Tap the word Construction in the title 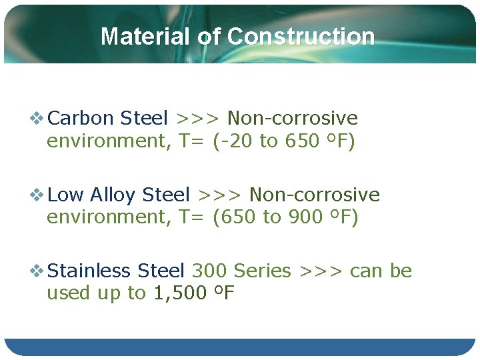tap(301, 36)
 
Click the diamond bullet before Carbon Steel tap(38, 119)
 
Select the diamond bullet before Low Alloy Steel tap(38, 195)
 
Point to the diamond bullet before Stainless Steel tap(38, 271)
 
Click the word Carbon tap(81, 119)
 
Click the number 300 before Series tap(209, 271)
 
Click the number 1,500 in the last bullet tap(179, 293)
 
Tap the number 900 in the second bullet tap(306, 217)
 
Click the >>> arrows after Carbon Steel tap(197, 119)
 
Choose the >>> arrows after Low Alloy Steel tap(219, 195)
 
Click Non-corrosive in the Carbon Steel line tap(293, 119)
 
